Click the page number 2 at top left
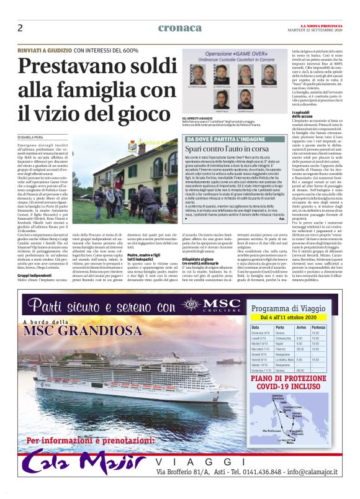[x=20, y=27]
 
